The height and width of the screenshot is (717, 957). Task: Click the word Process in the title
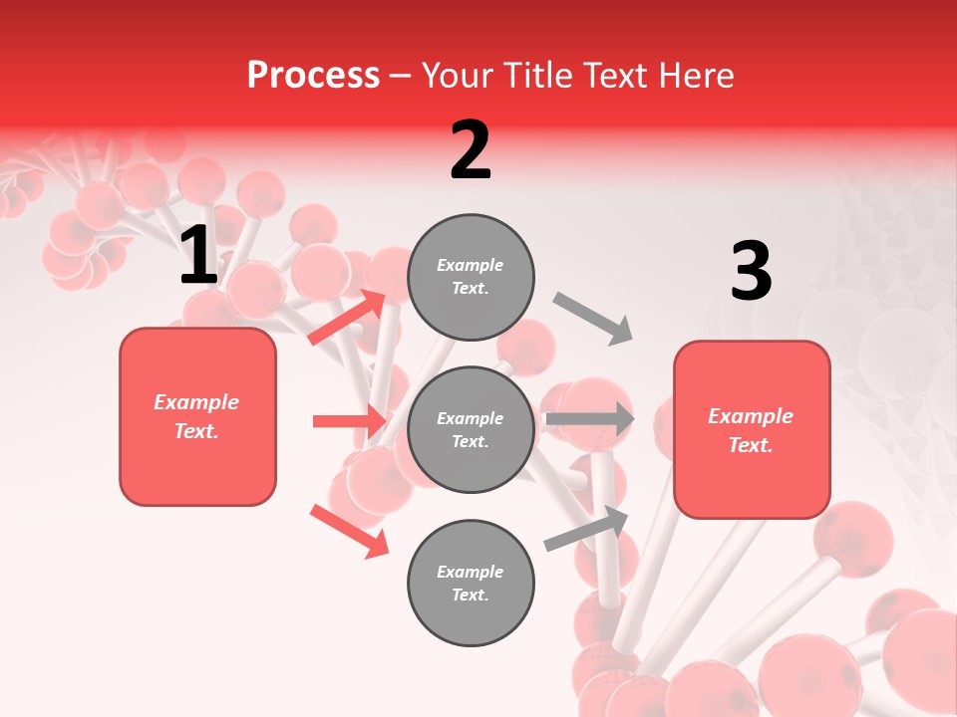(313, 76)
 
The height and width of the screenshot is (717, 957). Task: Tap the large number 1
(198, 256)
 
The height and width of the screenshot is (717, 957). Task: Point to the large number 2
(471, 150)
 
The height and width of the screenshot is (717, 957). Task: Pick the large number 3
(751, 272)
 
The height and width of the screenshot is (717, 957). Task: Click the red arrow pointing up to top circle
(347, 318)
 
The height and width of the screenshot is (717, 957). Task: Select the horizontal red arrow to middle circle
(349, 421)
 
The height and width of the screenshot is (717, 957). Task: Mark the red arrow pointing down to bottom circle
(349, 530)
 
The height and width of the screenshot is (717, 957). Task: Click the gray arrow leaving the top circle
(593, 318)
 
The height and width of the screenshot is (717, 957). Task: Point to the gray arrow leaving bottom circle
(586, 529)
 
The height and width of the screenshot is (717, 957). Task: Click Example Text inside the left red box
(196, 416)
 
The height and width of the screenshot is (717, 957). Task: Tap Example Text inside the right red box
(751, 430)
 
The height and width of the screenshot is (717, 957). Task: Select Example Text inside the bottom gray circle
(471, 583)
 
